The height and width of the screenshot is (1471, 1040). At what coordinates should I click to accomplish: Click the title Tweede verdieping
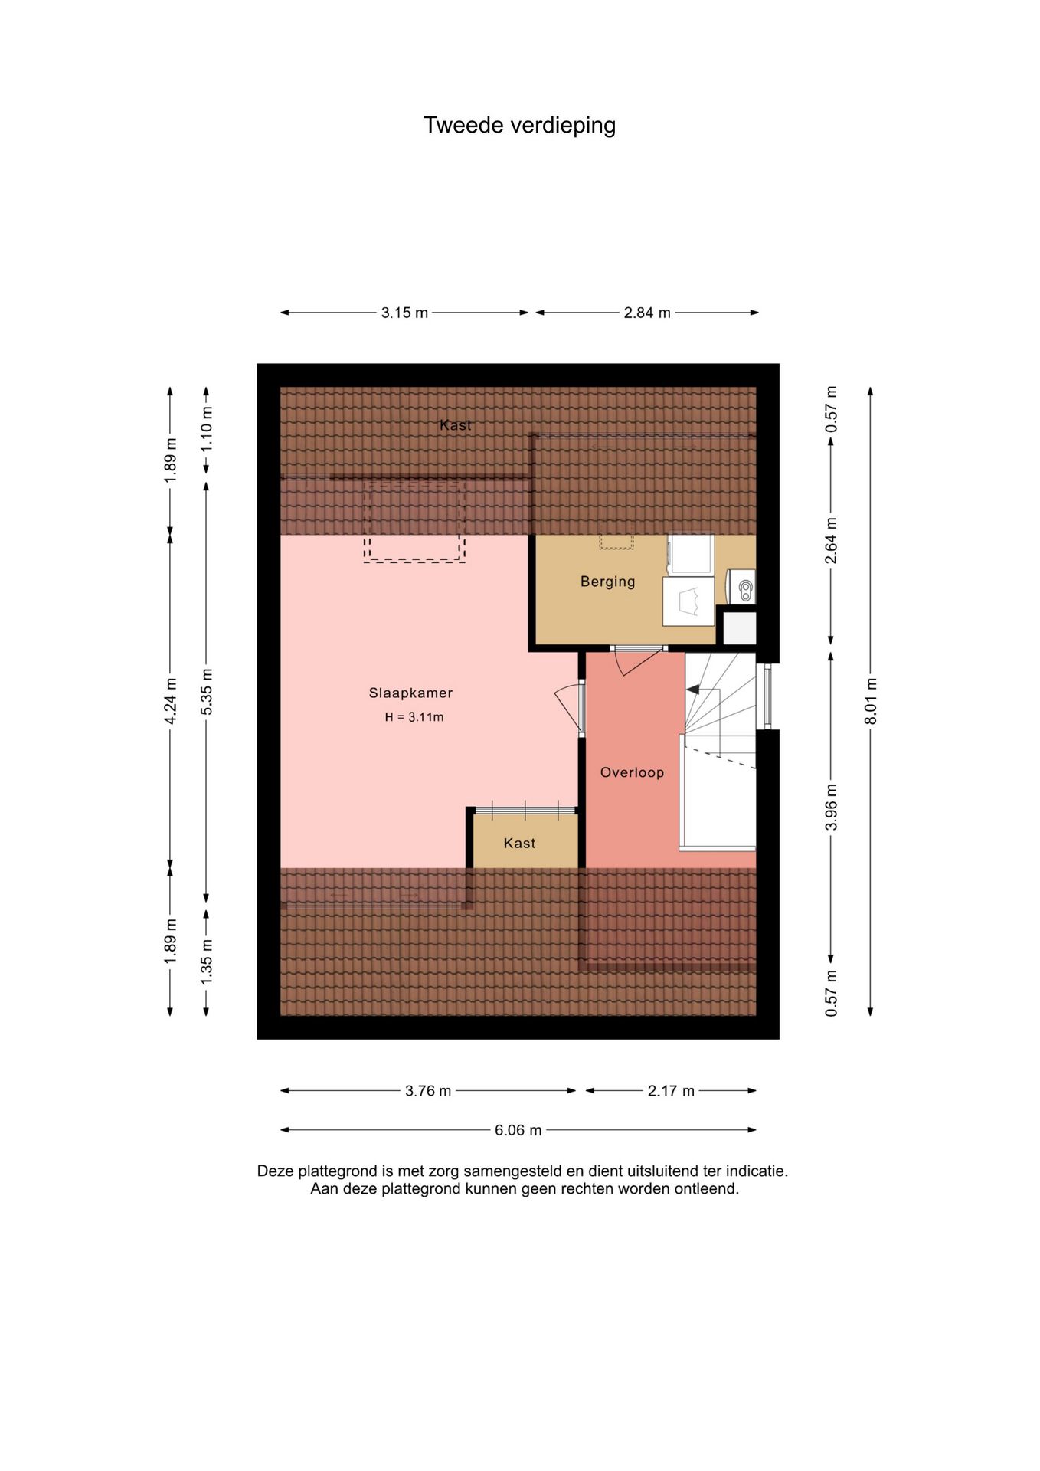point(519,126)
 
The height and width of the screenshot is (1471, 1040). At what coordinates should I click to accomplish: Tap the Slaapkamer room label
point(410,693)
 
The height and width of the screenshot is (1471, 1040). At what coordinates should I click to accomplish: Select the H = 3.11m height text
point(414,717)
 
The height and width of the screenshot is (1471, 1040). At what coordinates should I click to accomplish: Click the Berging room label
point(607,582)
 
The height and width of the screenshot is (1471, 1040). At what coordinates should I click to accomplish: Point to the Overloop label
point(632,772)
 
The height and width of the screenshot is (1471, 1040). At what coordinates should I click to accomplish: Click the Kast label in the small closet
point(519,843)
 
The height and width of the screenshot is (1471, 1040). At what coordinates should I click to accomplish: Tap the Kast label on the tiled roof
point(456,425)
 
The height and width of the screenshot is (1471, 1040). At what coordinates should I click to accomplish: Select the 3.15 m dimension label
point(404,313)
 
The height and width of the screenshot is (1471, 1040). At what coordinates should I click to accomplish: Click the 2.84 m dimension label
point(647,313)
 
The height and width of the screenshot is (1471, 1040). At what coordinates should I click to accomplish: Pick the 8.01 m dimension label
point(871,701)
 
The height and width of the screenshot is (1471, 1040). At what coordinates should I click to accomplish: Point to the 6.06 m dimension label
point(518,1130)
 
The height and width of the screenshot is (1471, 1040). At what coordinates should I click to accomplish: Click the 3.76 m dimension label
point(428,1091)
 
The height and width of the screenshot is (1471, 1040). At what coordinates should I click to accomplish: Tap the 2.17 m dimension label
point(671,1091)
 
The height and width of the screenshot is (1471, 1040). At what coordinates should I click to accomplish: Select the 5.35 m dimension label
point(207,692)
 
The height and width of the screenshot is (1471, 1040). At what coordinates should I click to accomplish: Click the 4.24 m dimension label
point(171,701)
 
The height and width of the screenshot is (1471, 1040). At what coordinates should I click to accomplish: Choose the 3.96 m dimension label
point(831,807)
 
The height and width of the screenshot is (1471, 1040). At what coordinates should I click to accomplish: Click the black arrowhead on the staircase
point(692,690)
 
